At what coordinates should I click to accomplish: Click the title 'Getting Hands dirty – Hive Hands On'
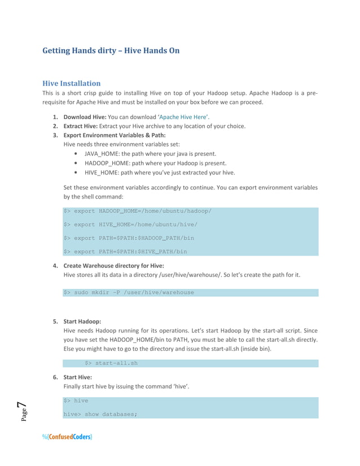point(111,51)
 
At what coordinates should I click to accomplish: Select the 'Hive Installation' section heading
point(72,83)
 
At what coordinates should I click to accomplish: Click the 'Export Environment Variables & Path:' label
point(115,135)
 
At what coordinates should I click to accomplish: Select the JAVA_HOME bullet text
point(150,153)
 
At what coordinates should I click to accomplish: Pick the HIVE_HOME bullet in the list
point(160,172)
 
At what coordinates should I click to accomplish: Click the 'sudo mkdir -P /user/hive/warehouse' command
point(129,292)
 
